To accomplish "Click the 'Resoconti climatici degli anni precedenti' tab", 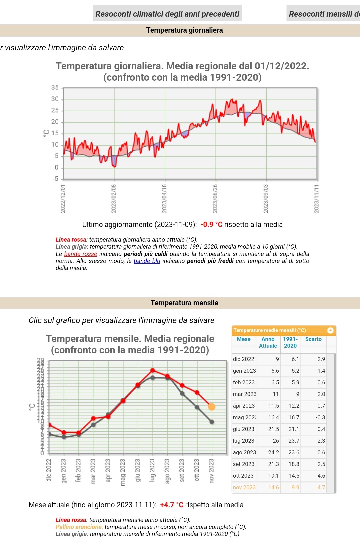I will click(167, 14).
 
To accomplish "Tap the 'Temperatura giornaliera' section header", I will click(184, 30).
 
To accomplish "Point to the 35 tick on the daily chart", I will click(55, 88).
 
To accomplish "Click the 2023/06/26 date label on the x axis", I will click(215, 198).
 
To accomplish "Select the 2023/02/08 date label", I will click(114, 198).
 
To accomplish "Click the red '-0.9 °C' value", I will click(211, 225).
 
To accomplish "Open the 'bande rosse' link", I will click(81, 254).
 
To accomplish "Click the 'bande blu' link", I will click(147, 261).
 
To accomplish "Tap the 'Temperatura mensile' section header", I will click(184, 303).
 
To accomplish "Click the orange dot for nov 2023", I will click(212, 407).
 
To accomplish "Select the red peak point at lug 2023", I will click(153, 370).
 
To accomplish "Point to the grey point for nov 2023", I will click(212, 422).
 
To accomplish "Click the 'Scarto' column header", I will click(313, 339).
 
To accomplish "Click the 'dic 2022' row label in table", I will click(244, 359).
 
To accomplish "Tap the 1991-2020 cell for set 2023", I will click(294, 464).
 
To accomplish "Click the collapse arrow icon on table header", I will click(330, 330).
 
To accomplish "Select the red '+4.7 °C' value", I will click(172, 505).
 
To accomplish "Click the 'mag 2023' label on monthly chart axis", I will click(123, 472).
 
